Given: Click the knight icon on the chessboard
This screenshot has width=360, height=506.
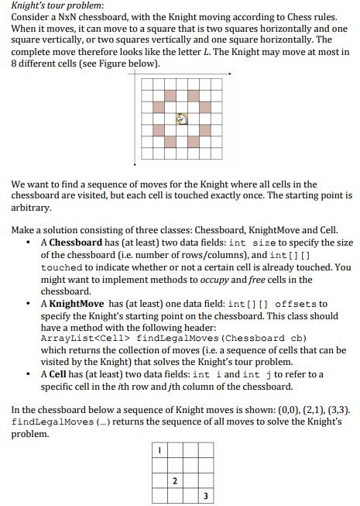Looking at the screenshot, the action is point(182,119).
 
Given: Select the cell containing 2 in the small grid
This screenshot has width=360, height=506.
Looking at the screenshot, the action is point(174,480).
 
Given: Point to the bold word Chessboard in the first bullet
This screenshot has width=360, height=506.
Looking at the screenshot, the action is point(74,243).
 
